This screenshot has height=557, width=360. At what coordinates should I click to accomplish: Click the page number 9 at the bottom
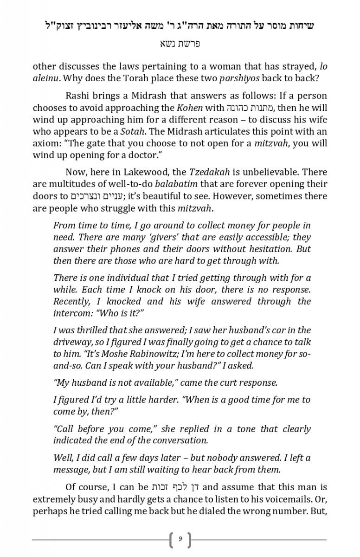click(180, 539)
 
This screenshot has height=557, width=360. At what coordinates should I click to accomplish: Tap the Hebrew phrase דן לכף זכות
click(176, 487)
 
